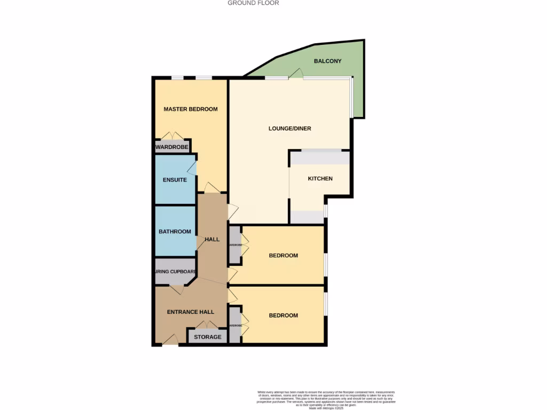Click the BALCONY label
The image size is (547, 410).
point(327,61)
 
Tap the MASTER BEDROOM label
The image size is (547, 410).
point(191,109)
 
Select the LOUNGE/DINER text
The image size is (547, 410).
point(290,129)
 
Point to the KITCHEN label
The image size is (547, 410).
point(320,179)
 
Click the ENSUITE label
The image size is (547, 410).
point(175,180)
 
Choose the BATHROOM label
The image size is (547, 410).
point(175,232)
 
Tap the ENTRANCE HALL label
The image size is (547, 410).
point(191,312)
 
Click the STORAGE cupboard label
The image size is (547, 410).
point(207,337)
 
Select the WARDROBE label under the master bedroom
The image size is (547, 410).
point(172,147)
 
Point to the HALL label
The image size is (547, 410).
point(213,240)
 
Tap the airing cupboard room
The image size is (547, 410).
point(175,272)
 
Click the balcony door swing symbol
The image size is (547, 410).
point(296,75)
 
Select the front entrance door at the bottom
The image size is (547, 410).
point(170,340)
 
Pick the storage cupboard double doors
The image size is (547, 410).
point(206,325)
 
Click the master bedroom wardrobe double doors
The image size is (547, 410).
point(173,136)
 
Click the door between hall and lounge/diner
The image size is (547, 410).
point(233,212)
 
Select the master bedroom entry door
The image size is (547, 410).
point(212,187)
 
